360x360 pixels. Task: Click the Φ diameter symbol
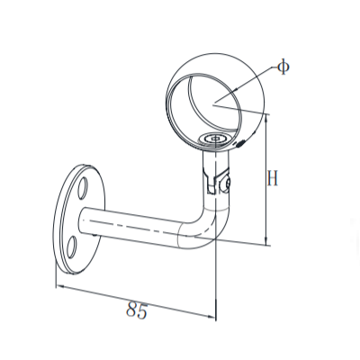[283, 67]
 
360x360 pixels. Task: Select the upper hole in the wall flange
[83, 187]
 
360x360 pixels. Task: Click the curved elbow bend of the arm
[203, 229]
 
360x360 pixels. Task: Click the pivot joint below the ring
[216, 176]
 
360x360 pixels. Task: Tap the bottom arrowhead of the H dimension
[266, 241]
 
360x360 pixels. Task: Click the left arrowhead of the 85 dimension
[60, 287]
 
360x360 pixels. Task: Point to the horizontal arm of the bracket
[135, 225]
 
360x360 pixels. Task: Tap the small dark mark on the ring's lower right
[239, 144]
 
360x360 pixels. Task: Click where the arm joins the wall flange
[88, 221]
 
